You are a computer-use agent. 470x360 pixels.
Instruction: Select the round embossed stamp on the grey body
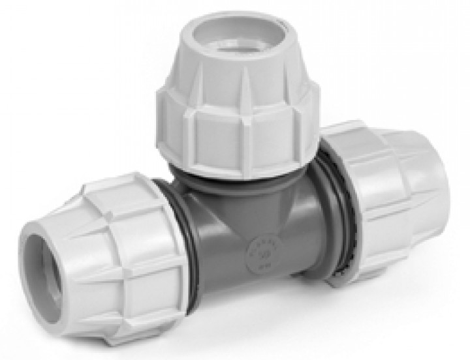tap(264, 252)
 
